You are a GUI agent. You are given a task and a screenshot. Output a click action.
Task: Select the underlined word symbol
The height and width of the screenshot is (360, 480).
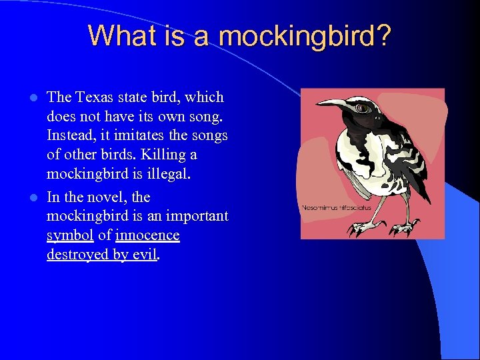pos(69,236)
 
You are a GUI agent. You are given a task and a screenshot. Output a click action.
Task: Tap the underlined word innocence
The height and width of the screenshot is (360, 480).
pos(147,236)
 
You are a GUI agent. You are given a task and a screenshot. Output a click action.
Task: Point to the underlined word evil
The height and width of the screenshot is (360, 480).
pos(144,255)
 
